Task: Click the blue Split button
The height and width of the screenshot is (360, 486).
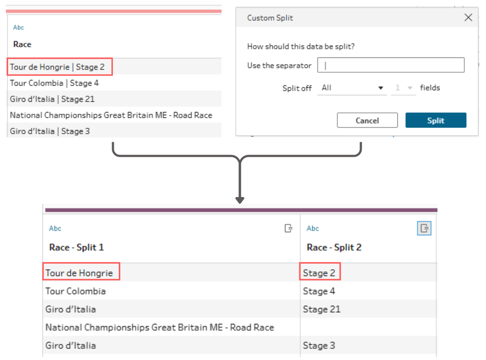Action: (435, 120)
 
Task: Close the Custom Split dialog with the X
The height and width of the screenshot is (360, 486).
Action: (468, 17)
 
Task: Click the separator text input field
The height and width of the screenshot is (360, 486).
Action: (391, 65)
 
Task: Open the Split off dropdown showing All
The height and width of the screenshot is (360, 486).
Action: (352, 88)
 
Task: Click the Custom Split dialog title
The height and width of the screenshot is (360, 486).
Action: (270, 18)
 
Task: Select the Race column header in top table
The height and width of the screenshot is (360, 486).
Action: (22, 44)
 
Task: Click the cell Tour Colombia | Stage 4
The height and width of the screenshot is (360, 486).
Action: (54, 83)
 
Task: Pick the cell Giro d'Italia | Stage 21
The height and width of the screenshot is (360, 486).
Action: (52, 99)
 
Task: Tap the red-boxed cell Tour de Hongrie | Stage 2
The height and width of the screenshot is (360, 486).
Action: (57, 67)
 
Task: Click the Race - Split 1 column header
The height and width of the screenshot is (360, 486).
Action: (76, 248)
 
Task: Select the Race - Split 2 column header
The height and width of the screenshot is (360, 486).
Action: (334, 248)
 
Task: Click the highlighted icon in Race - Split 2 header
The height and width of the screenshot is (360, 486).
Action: (424, 229)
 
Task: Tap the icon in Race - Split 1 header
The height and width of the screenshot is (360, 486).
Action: (288, 229)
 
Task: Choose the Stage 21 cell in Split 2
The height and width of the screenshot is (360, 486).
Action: (322, 309)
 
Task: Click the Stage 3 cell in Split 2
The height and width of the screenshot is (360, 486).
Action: (319, 346)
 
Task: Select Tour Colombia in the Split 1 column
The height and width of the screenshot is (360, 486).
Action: (75, 291)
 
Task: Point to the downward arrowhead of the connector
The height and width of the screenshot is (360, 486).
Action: (240, 200)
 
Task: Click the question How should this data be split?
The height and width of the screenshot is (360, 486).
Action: (301, 47)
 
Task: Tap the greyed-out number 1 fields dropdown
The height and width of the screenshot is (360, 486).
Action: (403, 88)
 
